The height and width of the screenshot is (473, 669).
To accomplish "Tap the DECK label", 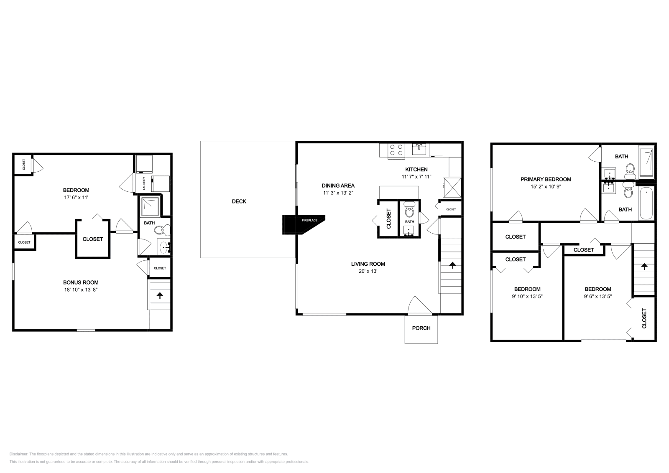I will coord(239,201).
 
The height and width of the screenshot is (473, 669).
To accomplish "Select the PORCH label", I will coord(421,328).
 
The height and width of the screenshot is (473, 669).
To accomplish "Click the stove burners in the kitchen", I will coord(396,149).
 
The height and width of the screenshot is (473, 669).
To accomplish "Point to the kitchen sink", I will coord(419,149).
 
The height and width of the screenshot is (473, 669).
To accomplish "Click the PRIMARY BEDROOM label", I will coord(546,179).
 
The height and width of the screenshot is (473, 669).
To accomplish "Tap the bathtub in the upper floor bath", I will coord(646,203).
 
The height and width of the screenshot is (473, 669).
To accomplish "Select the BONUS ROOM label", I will coord(81,282).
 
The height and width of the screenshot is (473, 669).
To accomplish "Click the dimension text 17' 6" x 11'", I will coord(76,197).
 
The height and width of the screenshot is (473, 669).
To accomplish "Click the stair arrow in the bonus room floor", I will coord(160,295).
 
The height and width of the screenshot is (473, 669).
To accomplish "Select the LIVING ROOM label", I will coord(368,264).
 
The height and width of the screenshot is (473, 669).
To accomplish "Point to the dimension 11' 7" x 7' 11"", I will coord(416,177).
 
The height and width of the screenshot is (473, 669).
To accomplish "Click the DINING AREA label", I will coord(338,186).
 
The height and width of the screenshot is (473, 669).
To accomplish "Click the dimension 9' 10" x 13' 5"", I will coord(527,296).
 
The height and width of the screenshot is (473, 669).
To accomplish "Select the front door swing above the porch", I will coord(419,306).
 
